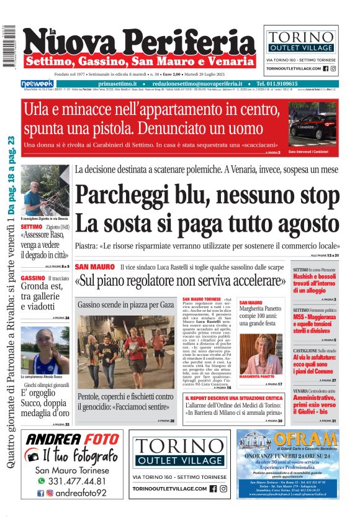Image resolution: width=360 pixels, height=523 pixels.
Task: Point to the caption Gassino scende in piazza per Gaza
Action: click(x=125, y=306)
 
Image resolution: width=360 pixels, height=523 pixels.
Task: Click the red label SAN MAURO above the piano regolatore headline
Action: click(x=94, y=266)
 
